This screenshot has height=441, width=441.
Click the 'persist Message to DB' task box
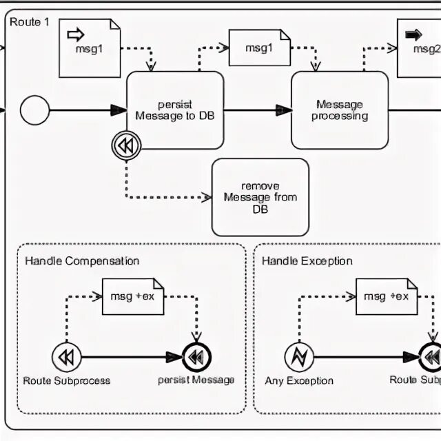pos(175,110)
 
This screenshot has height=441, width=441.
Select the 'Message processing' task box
pos(339,110)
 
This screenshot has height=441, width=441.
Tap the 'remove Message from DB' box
pos(260,197)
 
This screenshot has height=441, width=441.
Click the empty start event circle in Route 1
pos(35,110)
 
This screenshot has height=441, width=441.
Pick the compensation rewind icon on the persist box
pos(126,145)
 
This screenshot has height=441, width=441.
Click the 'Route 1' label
pos(30,21)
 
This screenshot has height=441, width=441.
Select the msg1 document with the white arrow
pos(90,48)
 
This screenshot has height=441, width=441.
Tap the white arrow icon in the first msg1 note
pos(75,34)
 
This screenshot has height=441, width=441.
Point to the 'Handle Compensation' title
pos(82,260)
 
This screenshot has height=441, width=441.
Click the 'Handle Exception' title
pos(307,260)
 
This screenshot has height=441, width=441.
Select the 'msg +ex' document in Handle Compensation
pos(133,296)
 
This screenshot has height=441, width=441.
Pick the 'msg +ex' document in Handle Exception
pos(387,296)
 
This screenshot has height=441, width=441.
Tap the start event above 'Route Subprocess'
pos(66,357)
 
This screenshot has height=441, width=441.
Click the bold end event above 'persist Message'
pos(196,357)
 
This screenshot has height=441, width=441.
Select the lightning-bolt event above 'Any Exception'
pos(299,357)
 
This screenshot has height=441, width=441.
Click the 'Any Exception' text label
pos(299,380)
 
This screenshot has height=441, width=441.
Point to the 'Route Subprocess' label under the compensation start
pos(67,380)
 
